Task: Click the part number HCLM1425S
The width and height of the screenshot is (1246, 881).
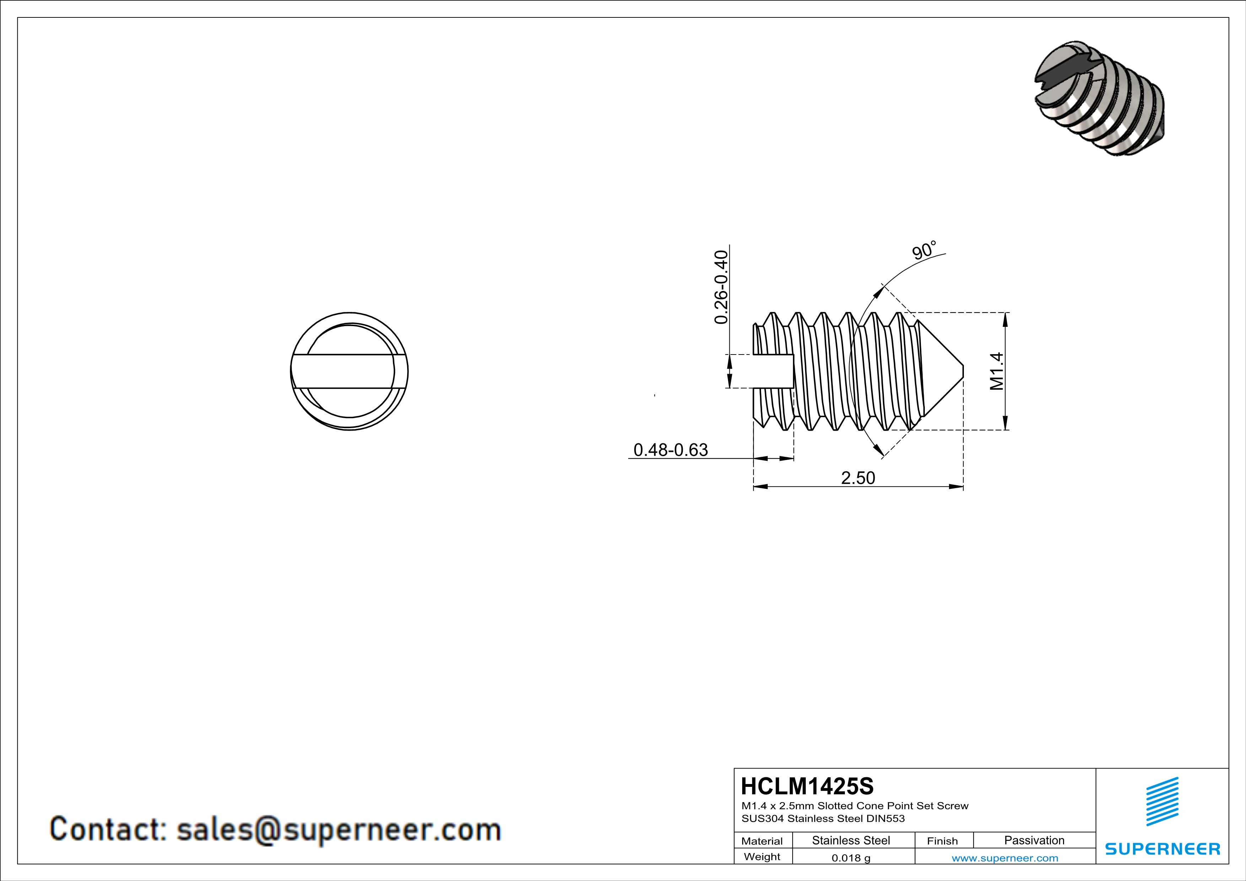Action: tap(807, 786)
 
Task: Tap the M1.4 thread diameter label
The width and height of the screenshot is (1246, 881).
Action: tap(996, 371)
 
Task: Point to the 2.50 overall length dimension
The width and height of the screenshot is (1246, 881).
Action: tap(858, 478)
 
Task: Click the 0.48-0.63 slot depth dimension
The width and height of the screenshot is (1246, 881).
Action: tap(671, 450)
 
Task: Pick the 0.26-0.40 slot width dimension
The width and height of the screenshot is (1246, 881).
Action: tap(721, 287)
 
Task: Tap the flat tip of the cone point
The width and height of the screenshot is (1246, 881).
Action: tap(963, 372)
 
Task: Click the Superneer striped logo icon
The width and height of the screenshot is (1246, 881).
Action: tap(1163, 801)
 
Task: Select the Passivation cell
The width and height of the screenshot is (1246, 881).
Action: tap(1034, 840)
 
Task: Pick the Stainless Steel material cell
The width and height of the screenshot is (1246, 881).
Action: tap(851, 840)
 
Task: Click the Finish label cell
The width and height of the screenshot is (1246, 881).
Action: tap(943, 841)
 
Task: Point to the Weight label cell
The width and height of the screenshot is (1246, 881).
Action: tap(762, 856)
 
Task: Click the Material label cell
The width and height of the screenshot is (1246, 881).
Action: tap(762, 841)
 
